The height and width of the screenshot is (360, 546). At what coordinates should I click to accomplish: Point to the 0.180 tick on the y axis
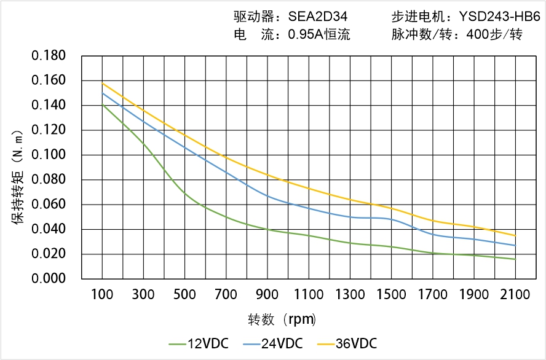49,56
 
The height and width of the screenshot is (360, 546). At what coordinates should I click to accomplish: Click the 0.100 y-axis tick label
49,155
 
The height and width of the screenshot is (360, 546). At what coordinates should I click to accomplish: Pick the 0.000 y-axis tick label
49,278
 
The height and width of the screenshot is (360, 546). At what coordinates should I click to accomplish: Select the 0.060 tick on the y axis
49,205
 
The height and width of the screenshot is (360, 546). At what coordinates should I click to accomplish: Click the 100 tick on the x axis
102,295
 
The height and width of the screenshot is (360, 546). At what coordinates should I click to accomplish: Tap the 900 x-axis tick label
267,295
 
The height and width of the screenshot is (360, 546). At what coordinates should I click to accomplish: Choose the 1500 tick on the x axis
391,295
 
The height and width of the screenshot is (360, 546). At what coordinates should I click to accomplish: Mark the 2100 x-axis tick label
515,295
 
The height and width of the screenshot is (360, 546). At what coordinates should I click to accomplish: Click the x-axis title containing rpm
282,319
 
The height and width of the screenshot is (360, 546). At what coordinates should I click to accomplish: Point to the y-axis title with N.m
19,176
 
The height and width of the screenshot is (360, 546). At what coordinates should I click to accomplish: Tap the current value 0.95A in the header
306,35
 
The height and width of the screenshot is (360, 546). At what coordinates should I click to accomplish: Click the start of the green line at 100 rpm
102,105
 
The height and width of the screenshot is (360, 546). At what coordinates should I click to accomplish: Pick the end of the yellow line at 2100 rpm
515,235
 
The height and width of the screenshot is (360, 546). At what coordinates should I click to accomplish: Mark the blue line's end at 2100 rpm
515,245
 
